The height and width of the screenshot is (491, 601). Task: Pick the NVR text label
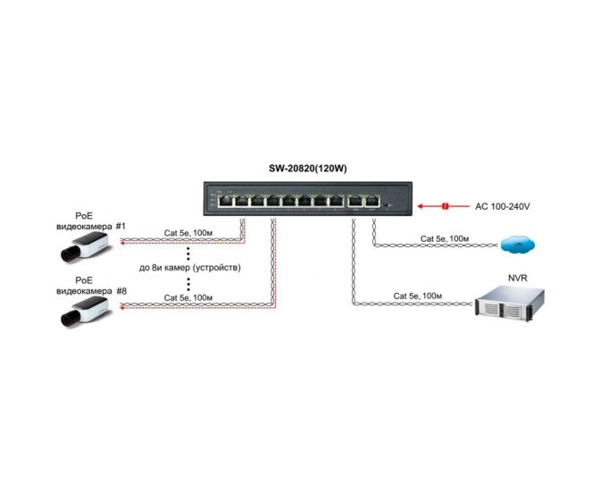pos(519,278)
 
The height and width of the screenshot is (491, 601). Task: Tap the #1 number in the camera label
pos(121,227)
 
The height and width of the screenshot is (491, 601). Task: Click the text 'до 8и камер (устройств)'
pos(190,268)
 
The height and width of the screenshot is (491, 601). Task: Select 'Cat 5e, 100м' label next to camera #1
pos(188,233)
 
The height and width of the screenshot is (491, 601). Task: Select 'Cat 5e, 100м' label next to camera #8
pos(188,297)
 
